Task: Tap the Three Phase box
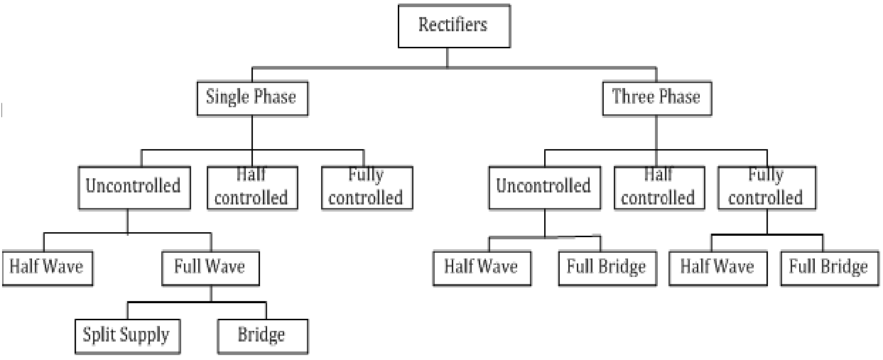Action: click(656, 97)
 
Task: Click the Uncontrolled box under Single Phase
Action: click(132, 187)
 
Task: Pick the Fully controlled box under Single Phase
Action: click(367, 187)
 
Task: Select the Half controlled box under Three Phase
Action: click(657, 187)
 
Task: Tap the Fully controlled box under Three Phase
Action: click(765, 187)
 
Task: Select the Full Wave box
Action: click(209, 267)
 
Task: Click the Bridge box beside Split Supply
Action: click(261, 335)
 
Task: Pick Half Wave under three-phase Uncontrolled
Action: click(480, 267)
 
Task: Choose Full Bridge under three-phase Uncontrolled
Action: click(606, 267)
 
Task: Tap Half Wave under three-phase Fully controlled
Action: click(715, 267)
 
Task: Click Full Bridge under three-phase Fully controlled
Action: click(828, 267)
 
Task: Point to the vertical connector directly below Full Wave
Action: click(210, 293)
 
